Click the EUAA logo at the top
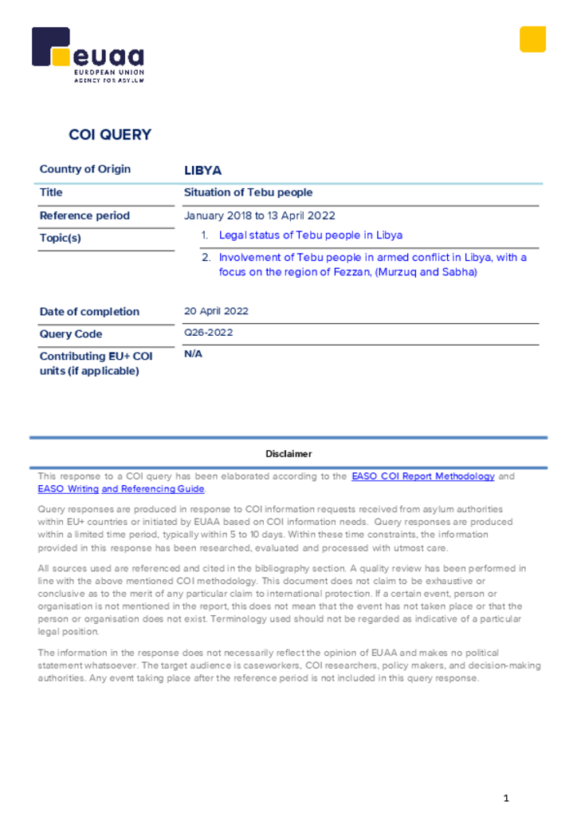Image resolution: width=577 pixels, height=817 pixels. [x=88, y=54]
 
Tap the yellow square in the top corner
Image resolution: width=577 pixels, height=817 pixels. [x=532, y=39]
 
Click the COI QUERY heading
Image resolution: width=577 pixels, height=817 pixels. [x=110, y=135]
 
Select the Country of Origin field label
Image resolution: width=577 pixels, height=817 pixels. [x=85, y=169]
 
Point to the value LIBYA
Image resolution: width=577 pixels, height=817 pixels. [x=202, y=171]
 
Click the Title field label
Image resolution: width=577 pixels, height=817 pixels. [x=51, y=192]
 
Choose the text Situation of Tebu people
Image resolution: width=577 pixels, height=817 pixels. [x=248, y=192]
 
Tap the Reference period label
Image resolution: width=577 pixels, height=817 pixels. [x=84, y=215]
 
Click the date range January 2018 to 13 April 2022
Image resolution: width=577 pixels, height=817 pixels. [x=260, y=215]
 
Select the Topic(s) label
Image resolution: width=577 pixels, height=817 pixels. [x=61, y=238]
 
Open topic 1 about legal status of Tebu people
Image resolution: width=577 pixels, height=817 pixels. [x=310, y=235]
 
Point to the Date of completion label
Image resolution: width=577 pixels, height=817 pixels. [x=89, y=312]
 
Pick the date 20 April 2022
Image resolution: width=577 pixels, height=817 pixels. [x=216, y=311]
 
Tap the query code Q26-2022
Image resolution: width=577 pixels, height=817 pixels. [x=209, y=333]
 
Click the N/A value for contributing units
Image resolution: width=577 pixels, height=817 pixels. [x=193, y=354]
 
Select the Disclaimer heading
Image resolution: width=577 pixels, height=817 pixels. [x=288, y=453]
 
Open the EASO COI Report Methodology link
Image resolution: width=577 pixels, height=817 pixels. [x=422, y=476]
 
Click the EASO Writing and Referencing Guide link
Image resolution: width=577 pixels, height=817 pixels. [x=121, y=489]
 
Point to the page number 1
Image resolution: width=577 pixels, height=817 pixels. [x=505, y=799]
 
